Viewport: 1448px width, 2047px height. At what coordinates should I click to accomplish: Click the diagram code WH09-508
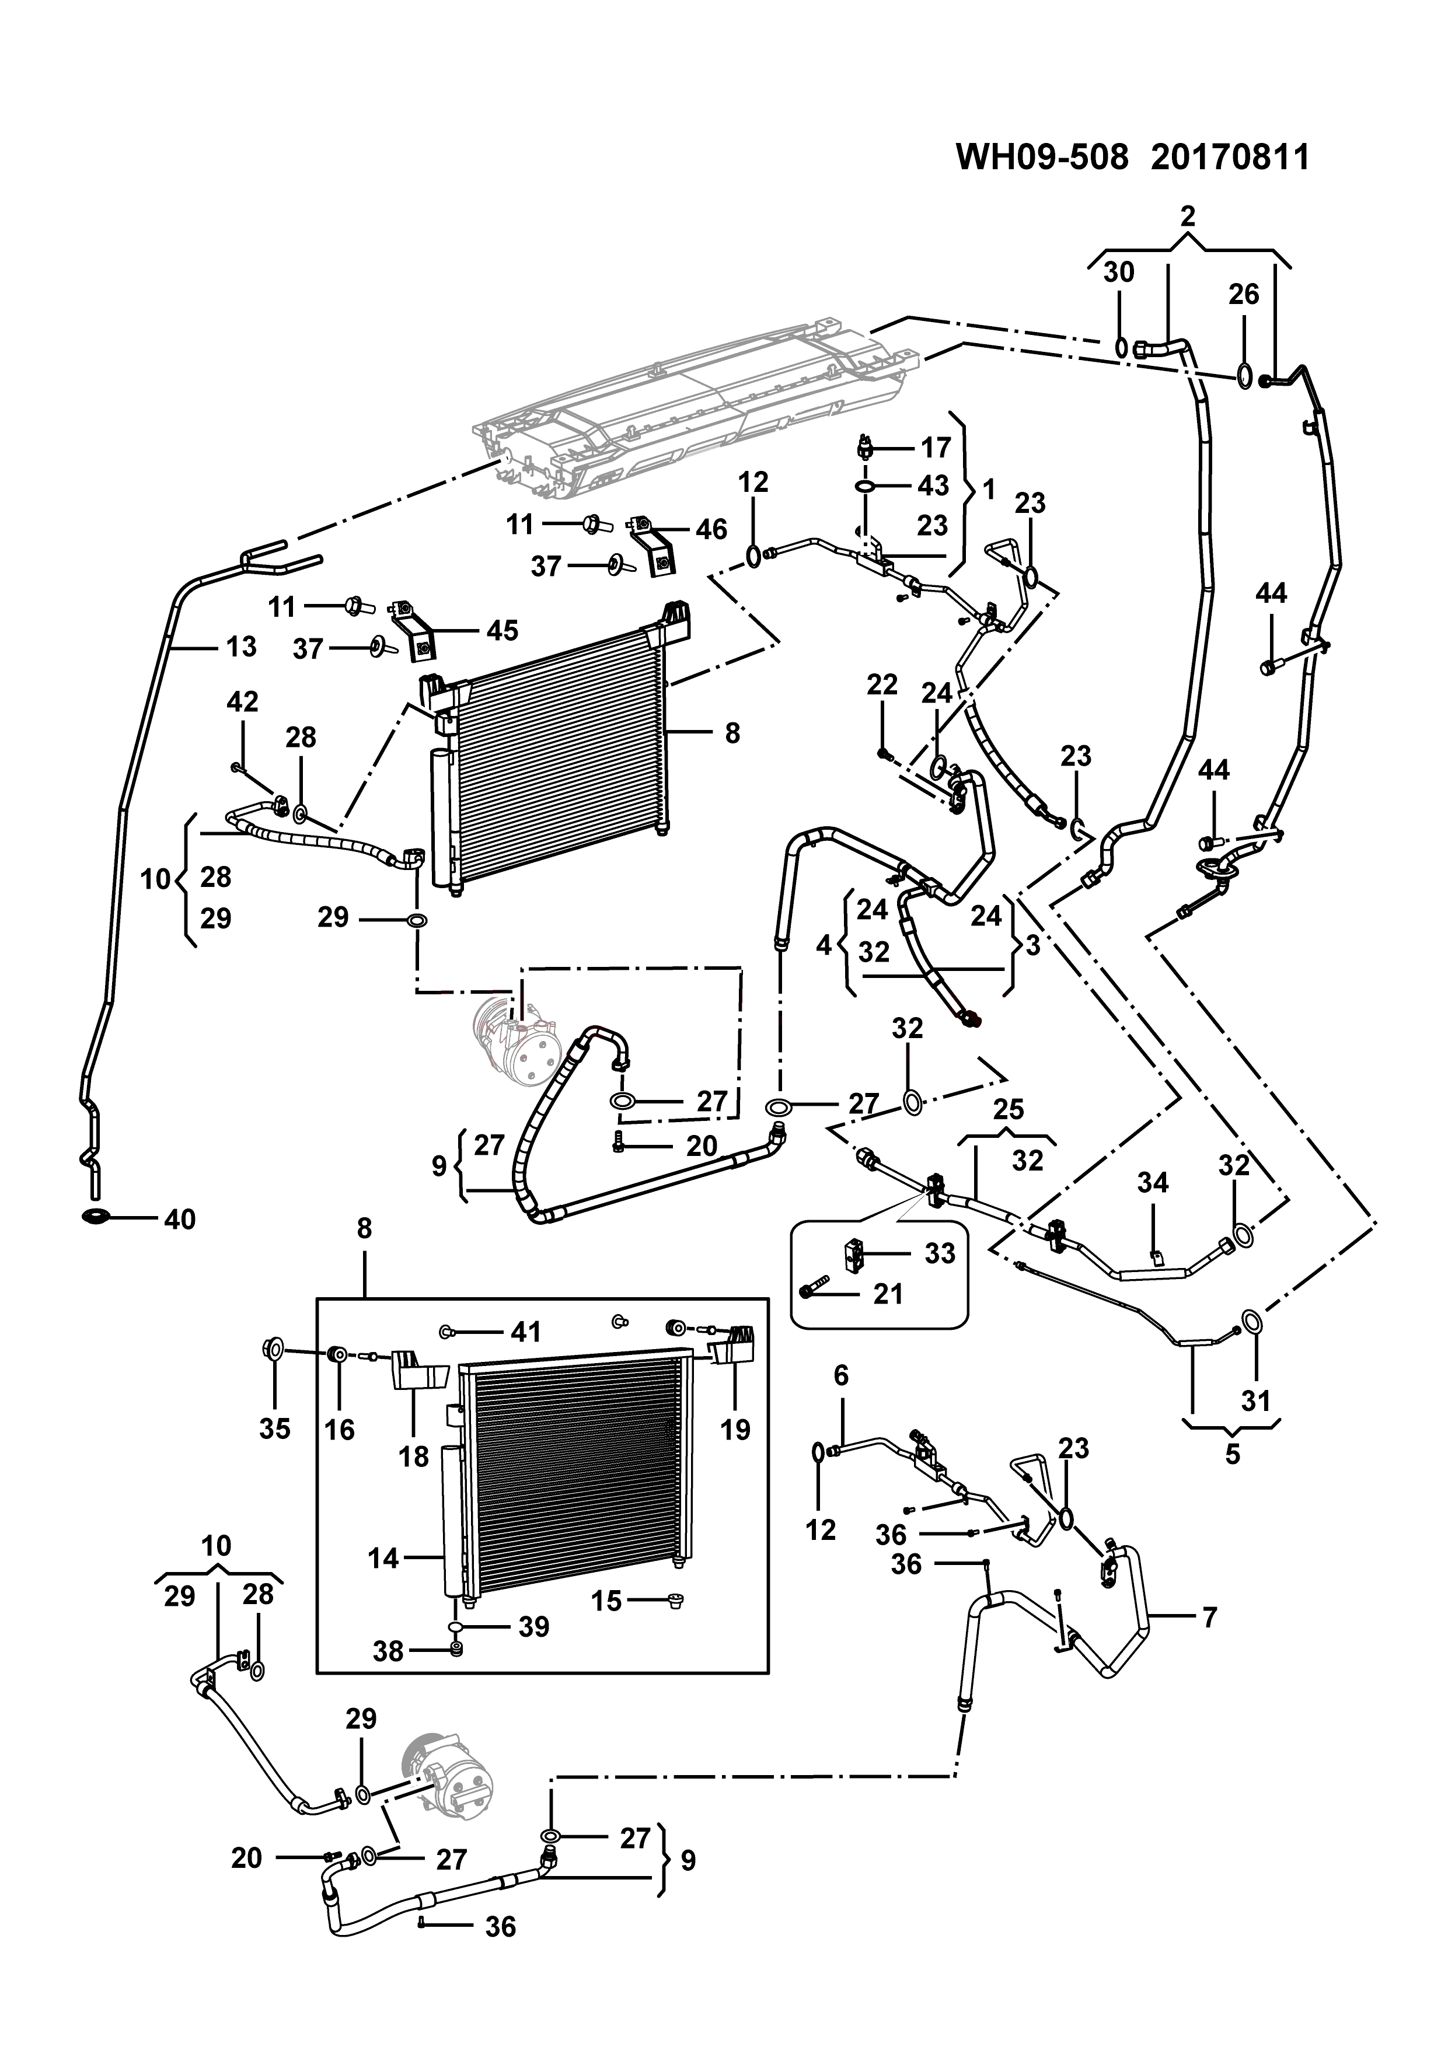1042,158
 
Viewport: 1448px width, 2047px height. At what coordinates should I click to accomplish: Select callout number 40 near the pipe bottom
179,1220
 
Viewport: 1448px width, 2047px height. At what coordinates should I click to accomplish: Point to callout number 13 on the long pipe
240,647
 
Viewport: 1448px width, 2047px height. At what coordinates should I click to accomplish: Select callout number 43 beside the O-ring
934,486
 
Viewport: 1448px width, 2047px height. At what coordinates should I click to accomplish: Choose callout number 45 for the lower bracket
502,630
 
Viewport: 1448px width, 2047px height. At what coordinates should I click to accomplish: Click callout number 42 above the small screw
243,701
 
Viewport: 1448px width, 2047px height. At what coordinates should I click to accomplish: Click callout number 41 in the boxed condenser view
525,1332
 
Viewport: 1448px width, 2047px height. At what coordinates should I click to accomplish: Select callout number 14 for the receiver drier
383,1559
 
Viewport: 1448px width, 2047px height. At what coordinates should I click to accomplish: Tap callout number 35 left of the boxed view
275,1428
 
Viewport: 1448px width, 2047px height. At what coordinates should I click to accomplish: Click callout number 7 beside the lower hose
1209,1616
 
